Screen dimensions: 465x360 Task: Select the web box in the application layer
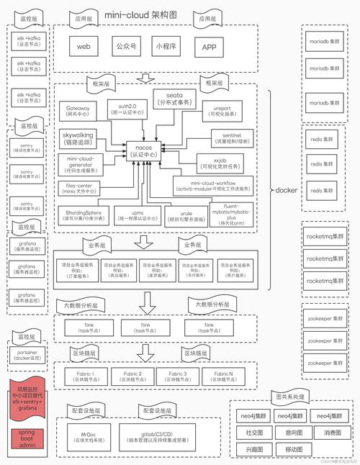[84, 48]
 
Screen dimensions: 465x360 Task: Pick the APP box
[210, 48]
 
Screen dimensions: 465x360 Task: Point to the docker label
[286, 190]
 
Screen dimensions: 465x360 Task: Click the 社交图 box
[252, 432]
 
